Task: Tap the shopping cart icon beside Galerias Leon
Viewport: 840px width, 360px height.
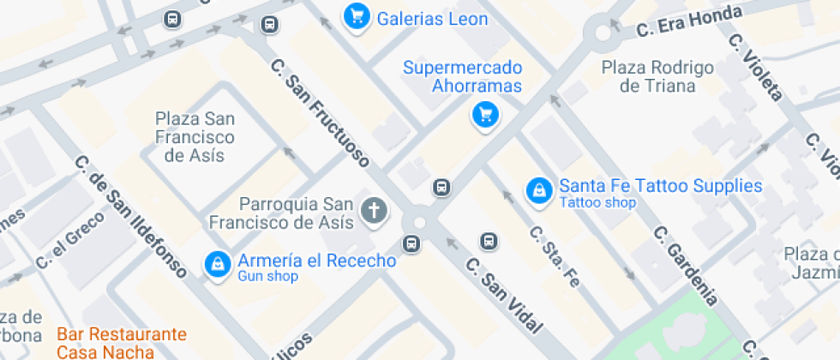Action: pos(356,15)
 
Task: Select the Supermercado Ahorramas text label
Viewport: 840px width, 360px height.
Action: pos(463,76)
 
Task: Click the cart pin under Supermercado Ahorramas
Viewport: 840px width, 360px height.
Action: pos(485,114)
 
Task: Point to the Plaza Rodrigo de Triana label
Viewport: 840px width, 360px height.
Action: pos(657,76)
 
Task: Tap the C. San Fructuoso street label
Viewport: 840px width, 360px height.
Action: pos(320,111)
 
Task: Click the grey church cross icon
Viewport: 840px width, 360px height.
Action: pos(373,210)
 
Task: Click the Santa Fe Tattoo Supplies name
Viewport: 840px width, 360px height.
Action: pos(660,185)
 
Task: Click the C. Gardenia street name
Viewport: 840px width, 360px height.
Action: pos(684,266)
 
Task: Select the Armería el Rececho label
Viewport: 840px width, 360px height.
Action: pos(316,261)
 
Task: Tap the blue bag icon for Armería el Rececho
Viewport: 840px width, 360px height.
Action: pos(218,264)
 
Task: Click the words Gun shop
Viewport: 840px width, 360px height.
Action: pos(267,277)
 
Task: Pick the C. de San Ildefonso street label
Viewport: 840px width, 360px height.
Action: pos(130,217)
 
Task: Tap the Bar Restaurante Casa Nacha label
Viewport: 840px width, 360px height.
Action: pos(121,342)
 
